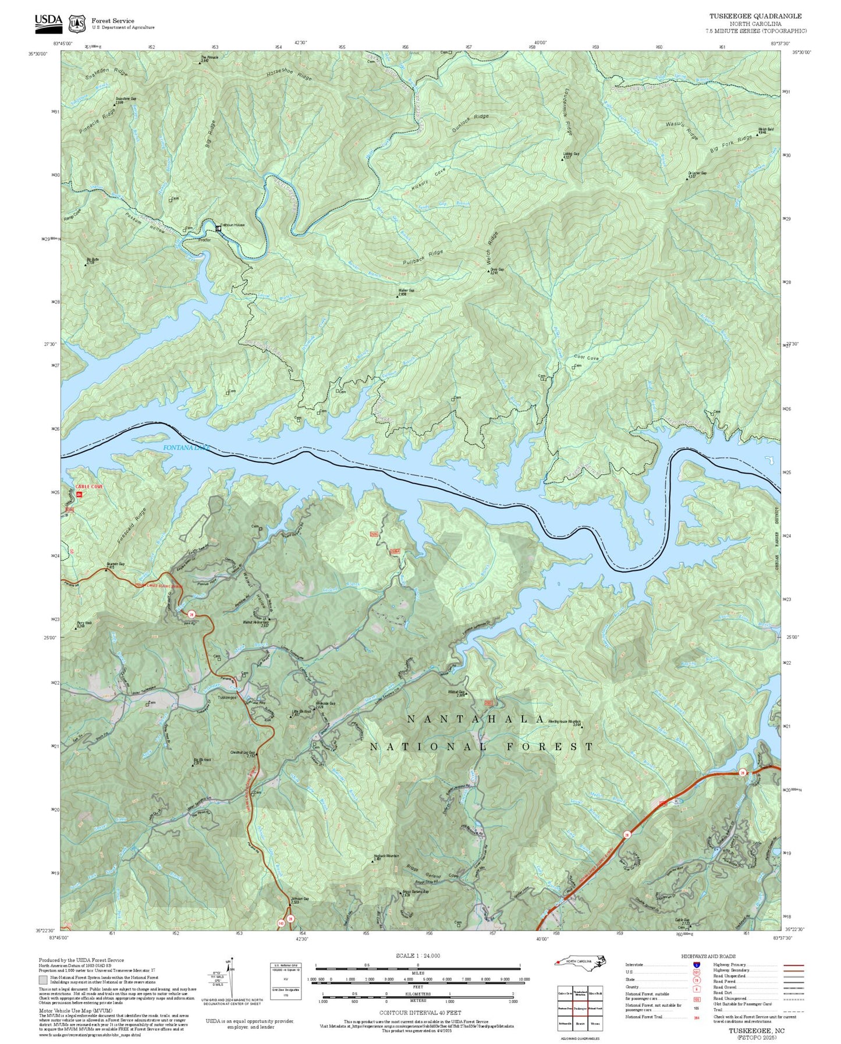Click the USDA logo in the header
tap(48, 21)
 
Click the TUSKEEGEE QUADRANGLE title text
tap(755, 16)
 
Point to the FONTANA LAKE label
tap(185, 448)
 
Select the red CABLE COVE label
tap(89, 487)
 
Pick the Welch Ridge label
tap(492, 247)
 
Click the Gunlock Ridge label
tap(470, 123)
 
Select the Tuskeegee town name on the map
tap(227, 697)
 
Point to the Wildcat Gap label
tap(456, 692)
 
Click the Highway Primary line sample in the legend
tap(793, 965)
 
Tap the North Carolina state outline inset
tap(581, 961)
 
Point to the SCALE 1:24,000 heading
tap(417, 956)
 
